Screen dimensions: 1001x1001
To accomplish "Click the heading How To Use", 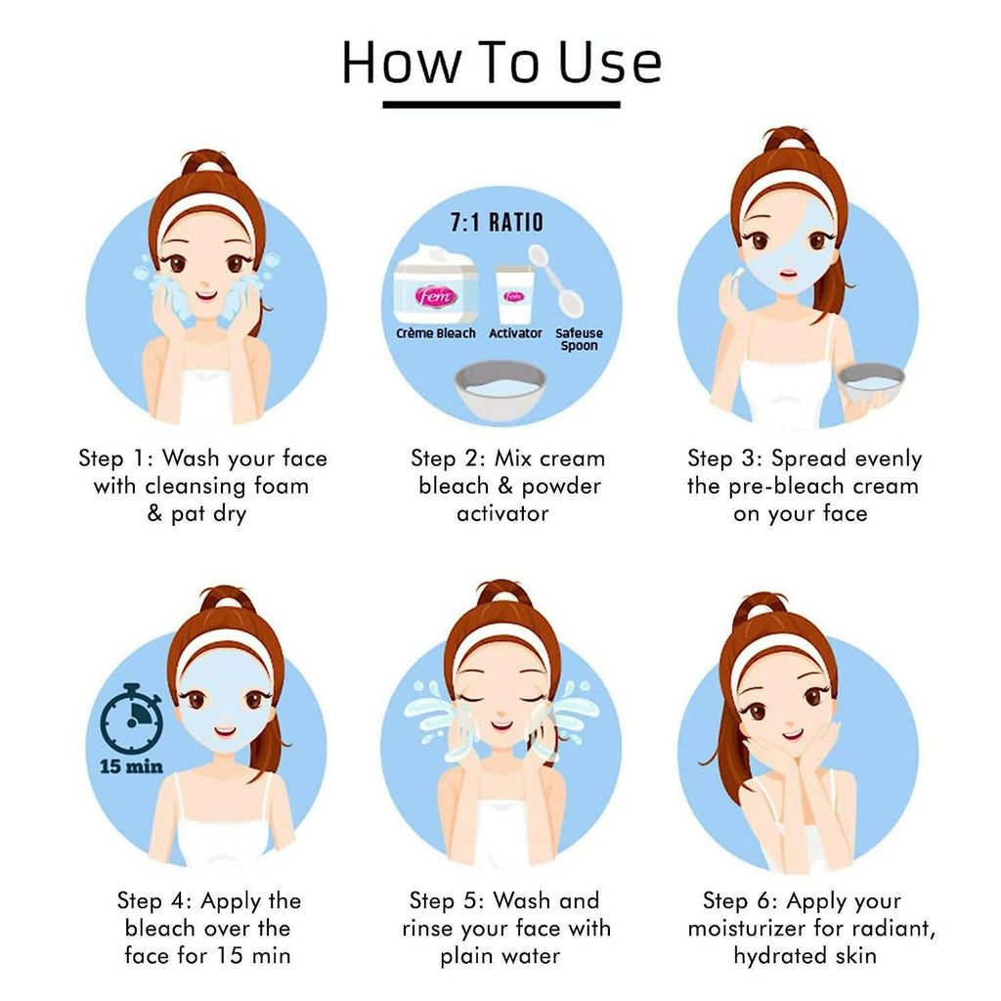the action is [501, 62].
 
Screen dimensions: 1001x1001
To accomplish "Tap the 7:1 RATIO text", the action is [497, 222].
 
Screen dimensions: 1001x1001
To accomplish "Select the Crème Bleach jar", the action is [436, 284].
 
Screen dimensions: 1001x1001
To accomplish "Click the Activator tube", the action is [514, 294].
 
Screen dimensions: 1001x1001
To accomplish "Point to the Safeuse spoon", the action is [557, 280].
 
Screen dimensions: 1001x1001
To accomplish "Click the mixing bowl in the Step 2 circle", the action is [500, 389].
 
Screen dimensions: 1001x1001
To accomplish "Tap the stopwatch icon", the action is [132, 718].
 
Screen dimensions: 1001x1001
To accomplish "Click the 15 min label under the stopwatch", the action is [132, 766].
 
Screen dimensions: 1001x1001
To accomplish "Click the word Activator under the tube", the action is [515, 333].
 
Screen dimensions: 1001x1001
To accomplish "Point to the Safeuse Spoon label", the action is [579, 339].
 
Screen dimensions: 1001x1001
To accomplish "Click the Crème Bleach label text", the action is [435, 333].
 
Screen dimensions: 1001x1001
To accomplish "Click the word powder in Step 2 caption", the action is [561, 487].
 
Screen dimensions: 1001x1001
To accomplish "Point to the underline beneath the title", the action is [501, 105].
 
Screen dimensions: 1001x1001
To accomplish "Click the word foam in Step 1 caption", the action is [281, 486].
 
